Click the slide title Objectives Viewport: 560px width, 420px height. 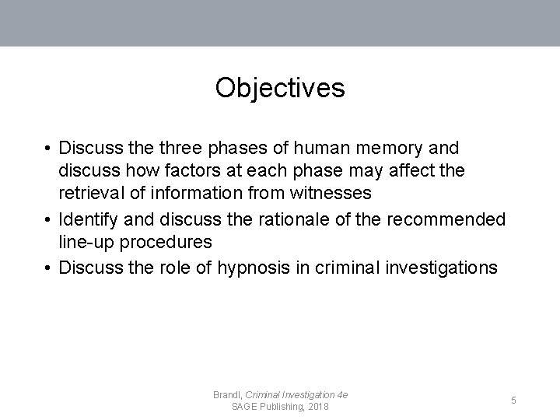pos(280,88)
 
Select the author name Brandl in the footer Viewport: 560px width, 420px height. pos(227,395)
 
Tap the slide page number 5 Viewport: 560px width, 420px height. pos(513,401)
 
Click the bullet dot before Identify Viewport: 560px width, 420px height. pos(48,220)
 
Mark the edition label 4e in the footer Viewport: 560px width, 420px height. pos(341,395)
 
